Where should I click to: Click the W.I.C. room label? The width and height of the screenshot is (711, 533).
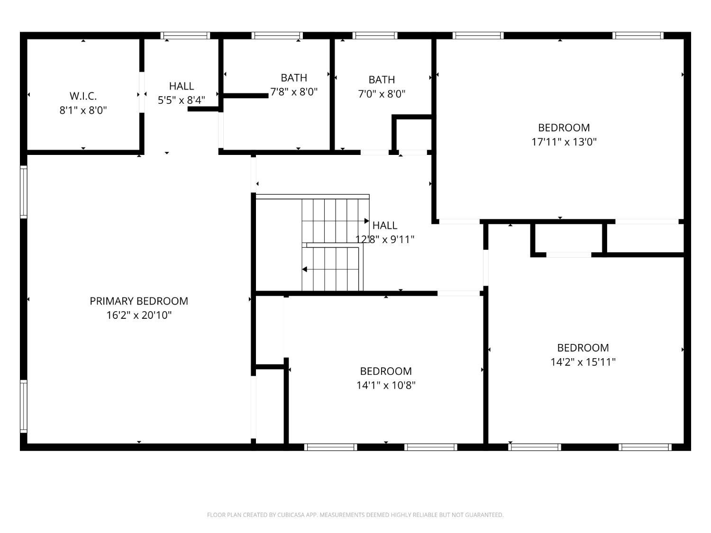(x=83, y=96)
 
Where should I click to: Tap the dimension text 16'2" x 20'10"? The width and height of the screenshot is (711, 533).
(x=139, y=315)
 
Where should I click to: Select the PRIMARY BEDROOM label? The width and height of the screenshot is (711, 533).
(x=139, y=301)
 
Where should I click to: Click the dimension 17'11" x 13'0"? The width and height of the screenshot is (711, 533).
(x=564, y=142)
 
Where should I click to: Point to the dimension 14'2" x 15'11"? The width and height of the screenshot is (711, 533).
(x=583, y=362)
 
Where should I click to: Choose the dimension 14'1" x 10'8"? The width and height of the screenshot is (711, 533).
(x=386, y=385)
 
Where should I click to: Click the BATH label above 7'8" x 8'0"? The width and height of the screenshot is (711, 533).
(x=294, y=78)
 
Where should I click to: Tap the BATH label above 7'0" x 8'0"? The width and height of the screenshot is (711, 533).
(x=382, y=80)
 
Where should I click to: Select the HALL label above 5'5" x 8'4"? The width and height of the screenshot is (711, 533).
(x=182, y=86)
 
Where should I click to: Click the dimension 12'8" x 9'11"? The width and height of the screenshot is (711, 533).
(x=385, y=239)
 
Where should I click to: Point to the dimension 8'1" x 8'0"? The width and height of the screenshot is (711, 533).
(x=83, y=110)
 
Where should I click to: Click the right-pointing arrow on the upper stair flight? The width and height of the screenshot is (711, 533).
(x=367, y=221)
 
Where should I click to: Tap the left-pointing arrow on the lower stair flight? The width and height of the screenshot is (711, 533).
(x=304, y=269)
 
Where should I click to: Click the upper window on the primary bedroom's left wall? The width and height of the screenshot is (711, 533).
(x=23, y=192)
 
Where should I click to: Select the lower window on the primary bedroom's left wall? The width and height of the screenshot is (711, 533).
(x=23, y=406)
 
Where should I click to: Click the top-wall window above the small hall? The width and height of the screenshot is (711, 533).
(x=185, y=35)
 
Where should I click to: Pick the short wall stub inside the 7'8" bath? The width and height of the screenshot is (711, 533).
(x=246, y=96)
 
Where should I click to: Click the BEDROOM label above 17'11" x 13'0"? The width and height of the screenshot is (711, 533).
(x=564, y=127)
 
